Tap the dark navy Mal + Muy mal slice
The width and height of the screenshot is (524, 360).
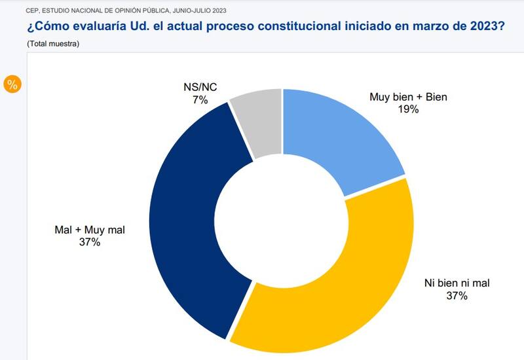pos(190,216)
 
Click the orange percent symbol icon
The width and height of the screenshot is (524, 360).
pos(12,84)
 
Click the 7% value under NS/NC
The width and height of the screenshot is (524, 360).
pos(200,100)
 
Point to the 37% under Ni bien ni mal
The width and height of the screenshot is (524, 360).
pos(457,296)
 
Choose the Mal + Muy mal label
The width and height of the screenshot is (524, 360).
pos(90,230)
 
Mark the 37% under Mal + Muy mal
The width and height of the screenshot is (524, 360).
pos(90,242)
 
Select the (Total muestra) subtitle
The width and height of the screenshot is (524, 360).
pos(53,43)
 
